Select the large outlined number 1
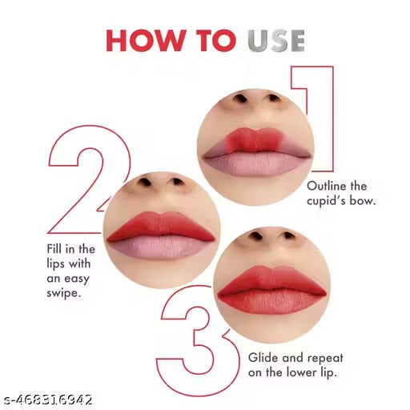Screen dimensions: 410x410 point(314,120)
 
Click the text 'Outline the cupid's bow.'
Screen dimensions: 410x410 point(340,192)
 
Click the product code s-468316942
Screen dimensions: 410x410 point(48,399)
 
